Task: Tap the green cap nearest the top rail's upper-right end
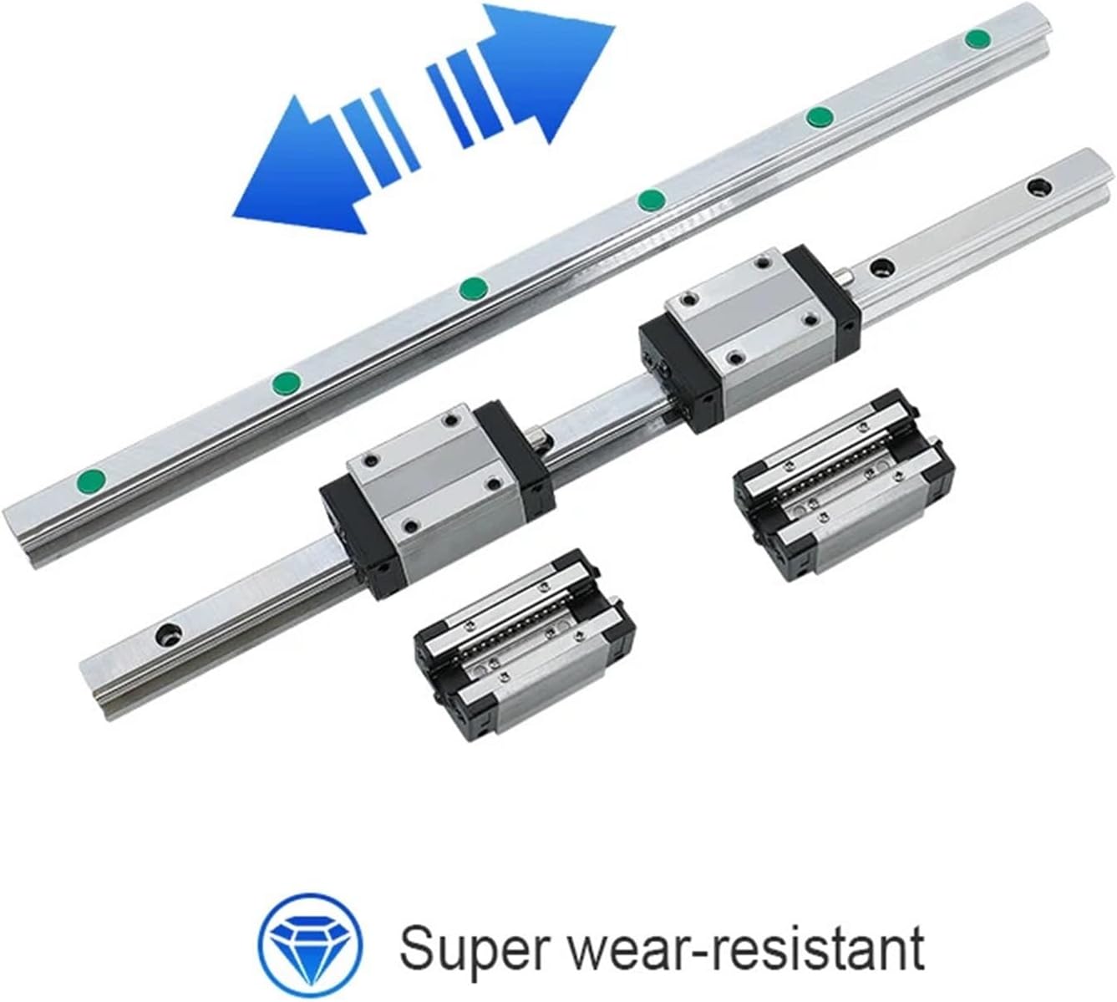point(976,39)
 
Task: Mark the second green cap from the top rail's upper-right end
point(818,118)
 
